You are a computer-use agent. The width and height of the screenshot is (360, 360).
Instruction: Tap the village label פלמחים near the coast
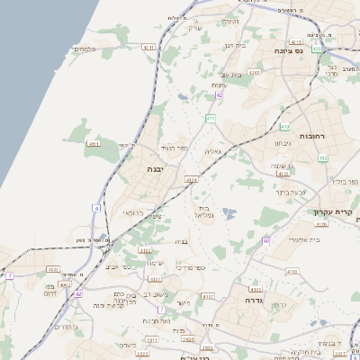click(x=85, y=49)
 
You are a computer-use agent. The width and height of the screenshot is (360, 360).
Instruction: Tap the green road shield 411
click(x=210, y=118)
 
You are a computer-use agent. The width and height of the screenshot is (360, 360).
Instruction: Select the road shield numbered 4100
click(x=291, y=271)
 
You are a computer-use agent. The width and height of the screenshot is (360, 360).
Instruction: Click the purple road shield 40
click(x=267, y=240)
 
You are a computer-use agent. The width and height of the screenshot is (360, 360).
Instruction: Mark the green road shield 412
click(x=322, y=157)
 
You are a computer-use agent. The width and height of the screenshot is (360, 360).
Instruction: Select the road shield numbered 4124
click(x=192, y=180)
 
